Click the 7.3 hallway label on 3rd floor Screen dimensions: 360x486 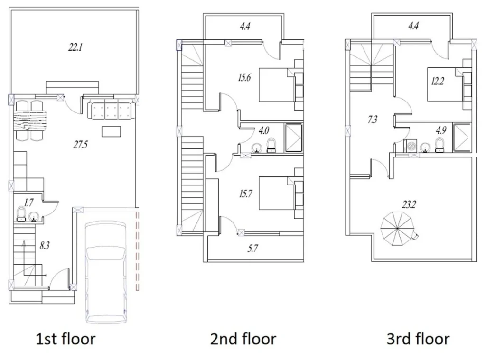click(373, 120)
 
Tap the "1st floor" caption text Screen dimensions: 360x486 click(65, 339)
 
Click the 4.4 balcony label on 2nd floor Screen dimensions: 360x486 click(245, 27)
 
